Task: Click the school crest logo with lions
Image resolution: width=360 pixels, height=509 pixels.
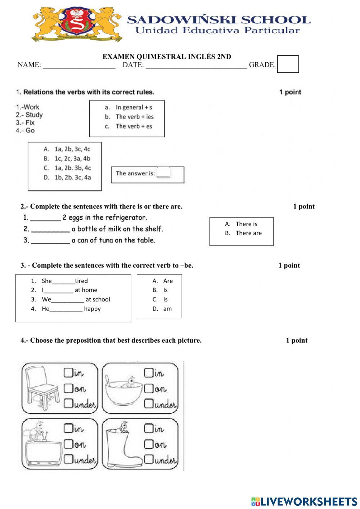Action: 77,24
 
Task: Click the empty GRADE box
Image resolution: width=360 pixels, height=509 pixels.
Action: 288,64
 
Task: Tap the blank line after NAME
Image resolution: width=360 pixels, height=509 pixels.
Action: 79,65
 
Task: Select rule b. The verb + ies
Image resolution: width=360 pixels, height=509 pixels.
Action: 130,117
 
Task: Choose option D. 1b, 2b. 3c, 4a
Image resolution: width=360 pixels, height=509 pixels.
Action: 67,177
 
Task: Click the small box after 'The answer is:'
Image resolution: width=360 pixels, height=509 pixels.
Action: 163,173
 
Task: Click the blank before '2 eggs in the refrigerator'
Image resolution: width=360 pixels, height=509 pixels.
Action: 45,218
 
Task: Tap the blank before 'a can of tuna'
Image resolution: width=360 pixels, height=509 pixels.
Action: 50,241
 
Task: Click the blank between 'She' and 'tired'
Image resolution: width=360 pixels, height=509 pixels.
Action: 63,281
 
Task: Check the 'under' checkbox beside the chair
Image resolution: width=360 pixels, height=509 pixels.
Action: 68,404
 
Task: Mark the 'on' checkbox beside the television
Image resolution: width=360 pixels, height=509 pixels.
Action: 68,444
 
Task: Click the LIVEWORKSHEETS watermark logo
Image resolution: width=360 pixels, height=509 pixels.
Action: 304,501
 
